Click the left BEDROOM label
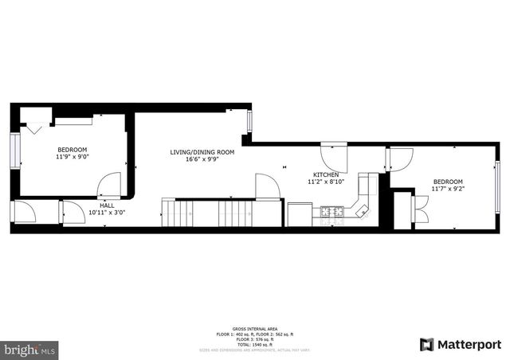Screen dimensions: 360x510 pyautogui.click(x=72, y=150)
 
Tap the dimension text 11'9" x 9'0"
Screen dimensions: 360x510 pyautogui.click(x=72, y=157)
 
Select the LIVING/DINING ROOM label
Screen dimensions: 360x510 pyautogui.click(x=202, y=151)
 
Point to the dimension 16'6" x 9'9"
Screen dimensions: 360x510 pyautogui.click(x=202, y=159)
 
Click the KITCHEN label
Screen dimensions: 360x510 pyautogui.click(x=326, y=174)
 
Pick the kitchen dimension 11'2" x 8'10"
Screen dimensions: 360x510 pyautogui.click(x=326, y=182)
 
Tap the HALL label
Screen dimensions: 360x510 pyautogui.click(x=106, y=205)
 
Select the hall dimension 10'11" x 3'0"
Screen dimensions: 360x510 pyautogui.click(x=106, y=213)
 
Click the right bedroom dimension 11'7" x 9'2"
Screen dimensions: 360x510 pyautogui.click(x=448, y=189)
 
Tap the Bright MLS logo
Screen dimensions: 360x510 pyautogui.click(x=29, y=349)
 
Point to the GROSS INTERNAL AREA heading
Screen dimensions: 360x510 pyautogui.click(x=254, y=328)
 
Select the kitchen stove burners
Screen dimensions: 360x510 pyautogui.click(x=331, y=212)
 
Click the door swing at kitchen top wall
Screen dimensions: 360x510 pyautogui.click(x=332, y=155)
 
